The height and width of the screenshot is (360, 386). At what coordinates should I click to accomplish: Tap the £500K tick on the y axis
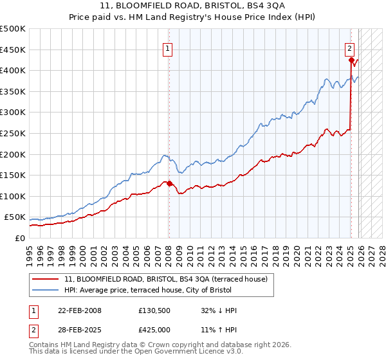[13, 29]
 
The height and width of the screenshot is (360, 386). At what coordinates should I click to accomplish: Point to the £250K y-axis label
[13, 133]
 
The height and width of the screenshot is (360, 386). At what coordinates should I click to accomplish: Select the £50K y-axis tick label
[15, 217]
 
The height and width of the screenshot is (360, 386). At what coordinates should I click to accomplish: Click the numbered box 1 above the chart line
[167, 47]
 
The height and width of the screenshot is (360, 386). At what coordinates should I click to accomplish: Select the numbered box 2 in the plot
[349, 47]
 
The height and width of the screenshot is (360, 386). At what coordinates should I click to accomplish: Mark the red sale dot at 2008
[169, 183]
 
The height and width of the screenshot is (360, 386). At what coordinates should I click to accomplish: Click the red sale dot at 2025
[351, 60]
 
